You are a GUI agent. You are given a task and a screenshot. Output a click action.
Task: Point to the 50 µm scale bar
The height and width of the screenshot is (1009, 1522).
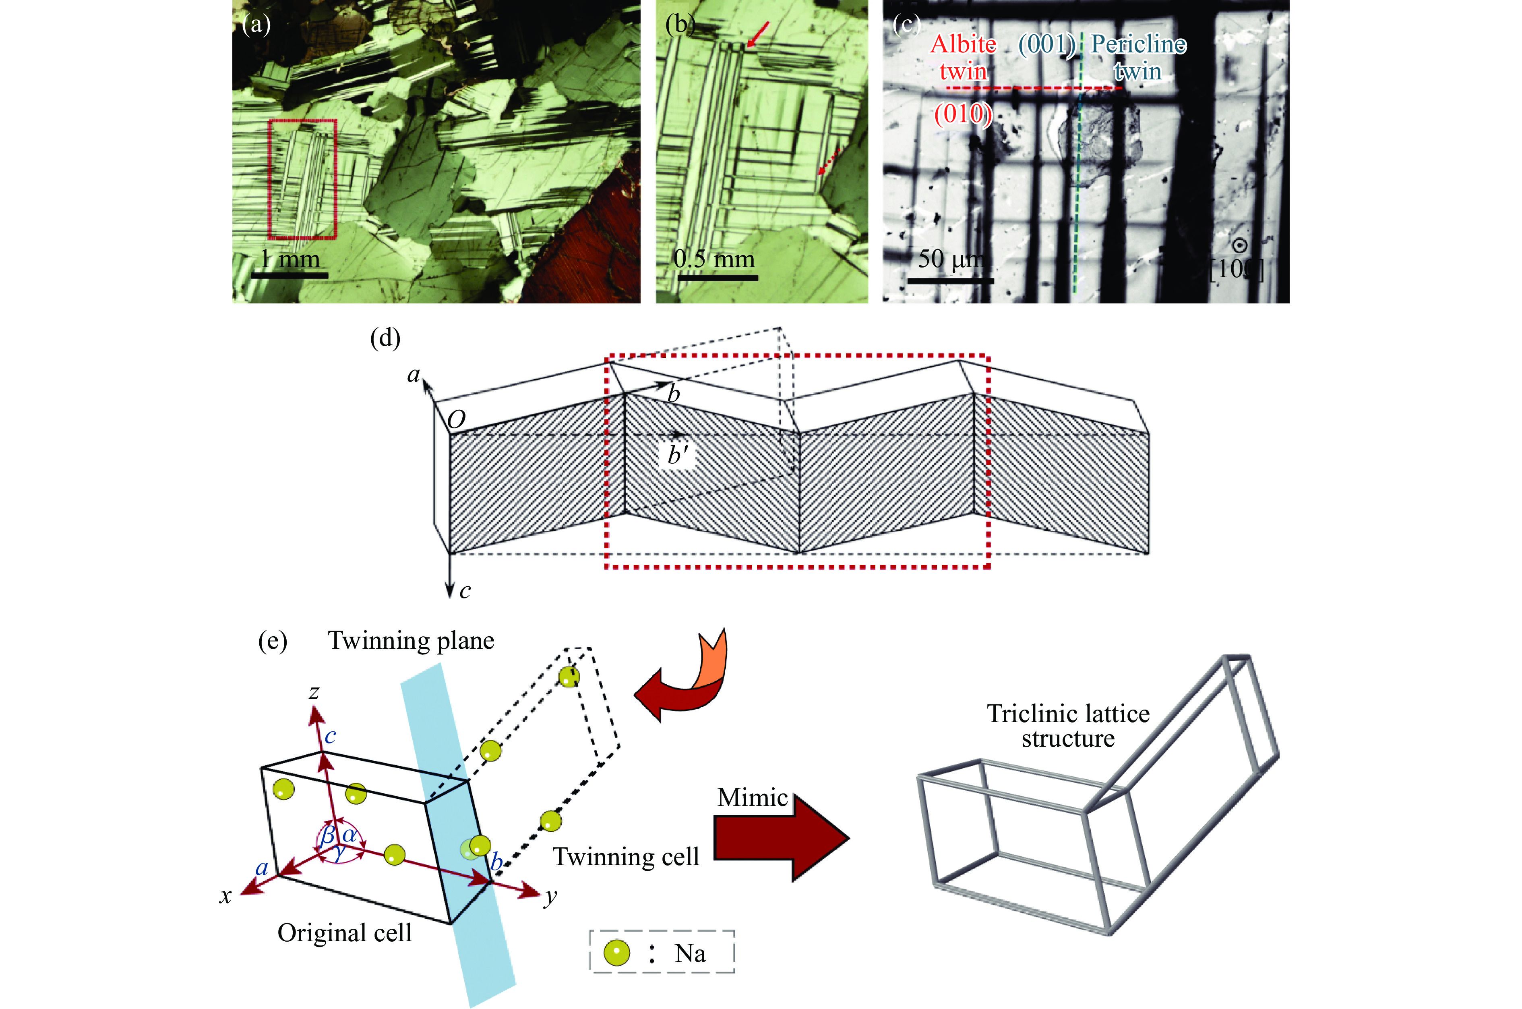click(x=950, y=280)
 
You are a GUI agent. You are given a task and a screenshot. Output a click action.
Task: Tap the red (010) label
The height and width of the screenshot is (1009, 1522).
click(x=963, y=114)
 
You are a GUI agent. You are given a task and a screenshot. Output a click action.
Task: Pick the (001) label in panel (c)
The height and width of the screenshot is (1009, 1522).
click(x=1046, y=44)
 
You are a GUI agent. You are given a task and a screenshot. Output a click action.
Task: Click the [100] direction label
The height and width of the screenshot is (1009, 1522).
click(x=1236, y=269)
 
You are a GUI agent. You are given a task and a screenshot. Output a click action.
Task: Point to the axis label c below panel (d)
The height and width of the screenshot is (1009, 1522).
click(x=465, y=591)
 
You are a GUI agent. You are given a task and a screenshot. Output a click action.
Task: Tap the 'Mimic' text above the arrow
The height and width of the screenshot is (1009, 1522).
click(x=752, y=797)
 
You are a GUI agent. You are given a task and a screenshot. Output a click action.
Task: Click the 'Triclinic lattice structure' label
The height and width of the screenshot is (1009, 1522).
click(x=1068, y=726)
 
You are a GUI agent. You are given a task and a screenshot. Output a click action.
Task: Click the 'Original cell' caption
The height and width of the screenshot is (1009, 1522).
click(x=345, y=932)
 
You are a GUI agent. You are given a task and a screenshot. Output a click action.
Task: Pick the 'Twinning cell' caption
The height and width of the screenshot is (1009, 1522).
click(x=626, y=857)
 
